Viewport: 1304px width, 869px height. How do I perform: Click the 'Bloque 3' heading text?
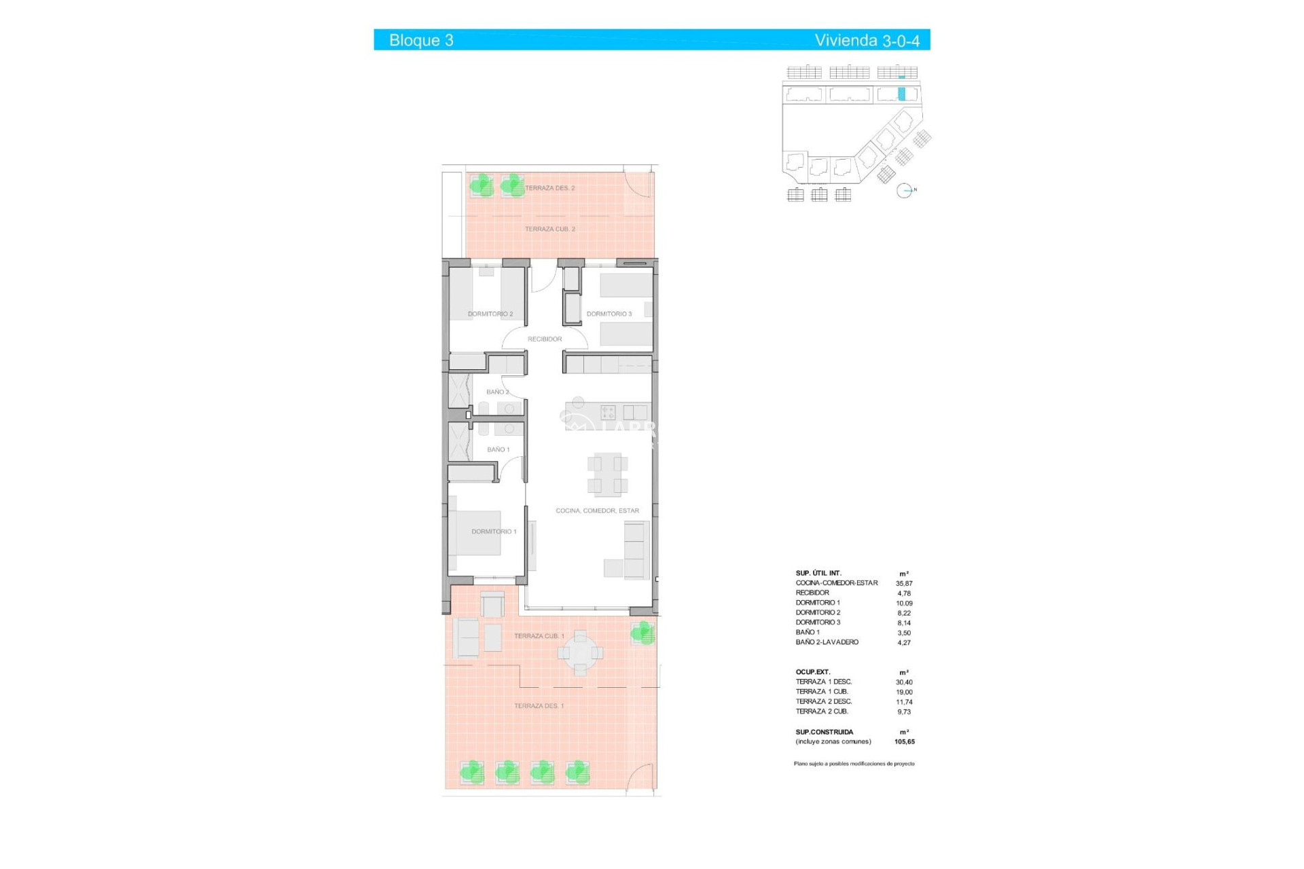[421, 41]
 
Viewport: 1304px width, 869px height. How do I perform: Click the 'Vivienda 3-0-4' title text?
[867, 41]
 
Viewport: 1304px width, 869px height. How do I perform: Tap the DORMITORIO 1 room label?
[494, 532]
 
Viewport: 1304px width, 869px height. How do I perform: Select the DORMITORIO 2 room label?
[490, 314]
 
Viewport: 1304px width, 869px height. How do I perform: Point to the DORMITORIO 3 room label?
[609, 314]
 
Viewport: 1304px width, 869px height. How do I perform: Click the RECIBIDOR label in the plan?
[545, 339]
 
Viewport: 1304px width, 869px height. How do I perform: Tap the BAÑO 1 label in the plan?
[498, 449]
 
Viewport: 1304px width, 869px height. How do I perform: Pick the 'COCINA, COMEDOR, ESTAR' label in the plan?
[597, 511]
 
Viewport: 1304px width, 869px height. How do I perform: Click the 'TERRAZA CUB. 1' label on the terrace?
[539, 636]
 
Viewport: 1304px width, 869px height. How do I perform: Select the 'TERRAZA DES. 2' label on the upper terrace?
[549, 188]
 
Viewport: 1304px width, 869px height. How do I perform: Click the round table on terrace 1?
[580, 653]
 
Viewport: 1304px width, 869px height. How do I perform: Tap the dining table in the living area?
[607, 474]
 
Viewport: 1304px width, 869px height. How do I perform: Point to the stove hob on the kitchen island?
[608, 412]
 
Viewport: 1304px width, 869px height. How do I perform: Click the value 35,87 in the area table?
[904, 583]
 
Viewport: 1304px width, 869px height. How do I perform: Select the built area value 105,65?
[904, 742]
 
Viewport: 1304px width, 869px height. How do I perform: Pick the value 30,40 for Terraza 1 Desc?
[904, 682]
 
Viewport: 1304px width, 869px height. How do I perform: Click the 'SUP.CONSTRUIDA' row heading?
[824, 732]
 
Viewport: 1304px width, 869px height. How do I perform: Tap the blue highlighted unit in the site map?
[902, 94]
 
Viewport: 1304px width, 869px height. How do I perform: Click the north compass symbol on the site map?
[904, 191]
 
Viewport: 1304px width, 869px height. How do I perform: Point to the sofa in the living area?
[636, 550]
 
